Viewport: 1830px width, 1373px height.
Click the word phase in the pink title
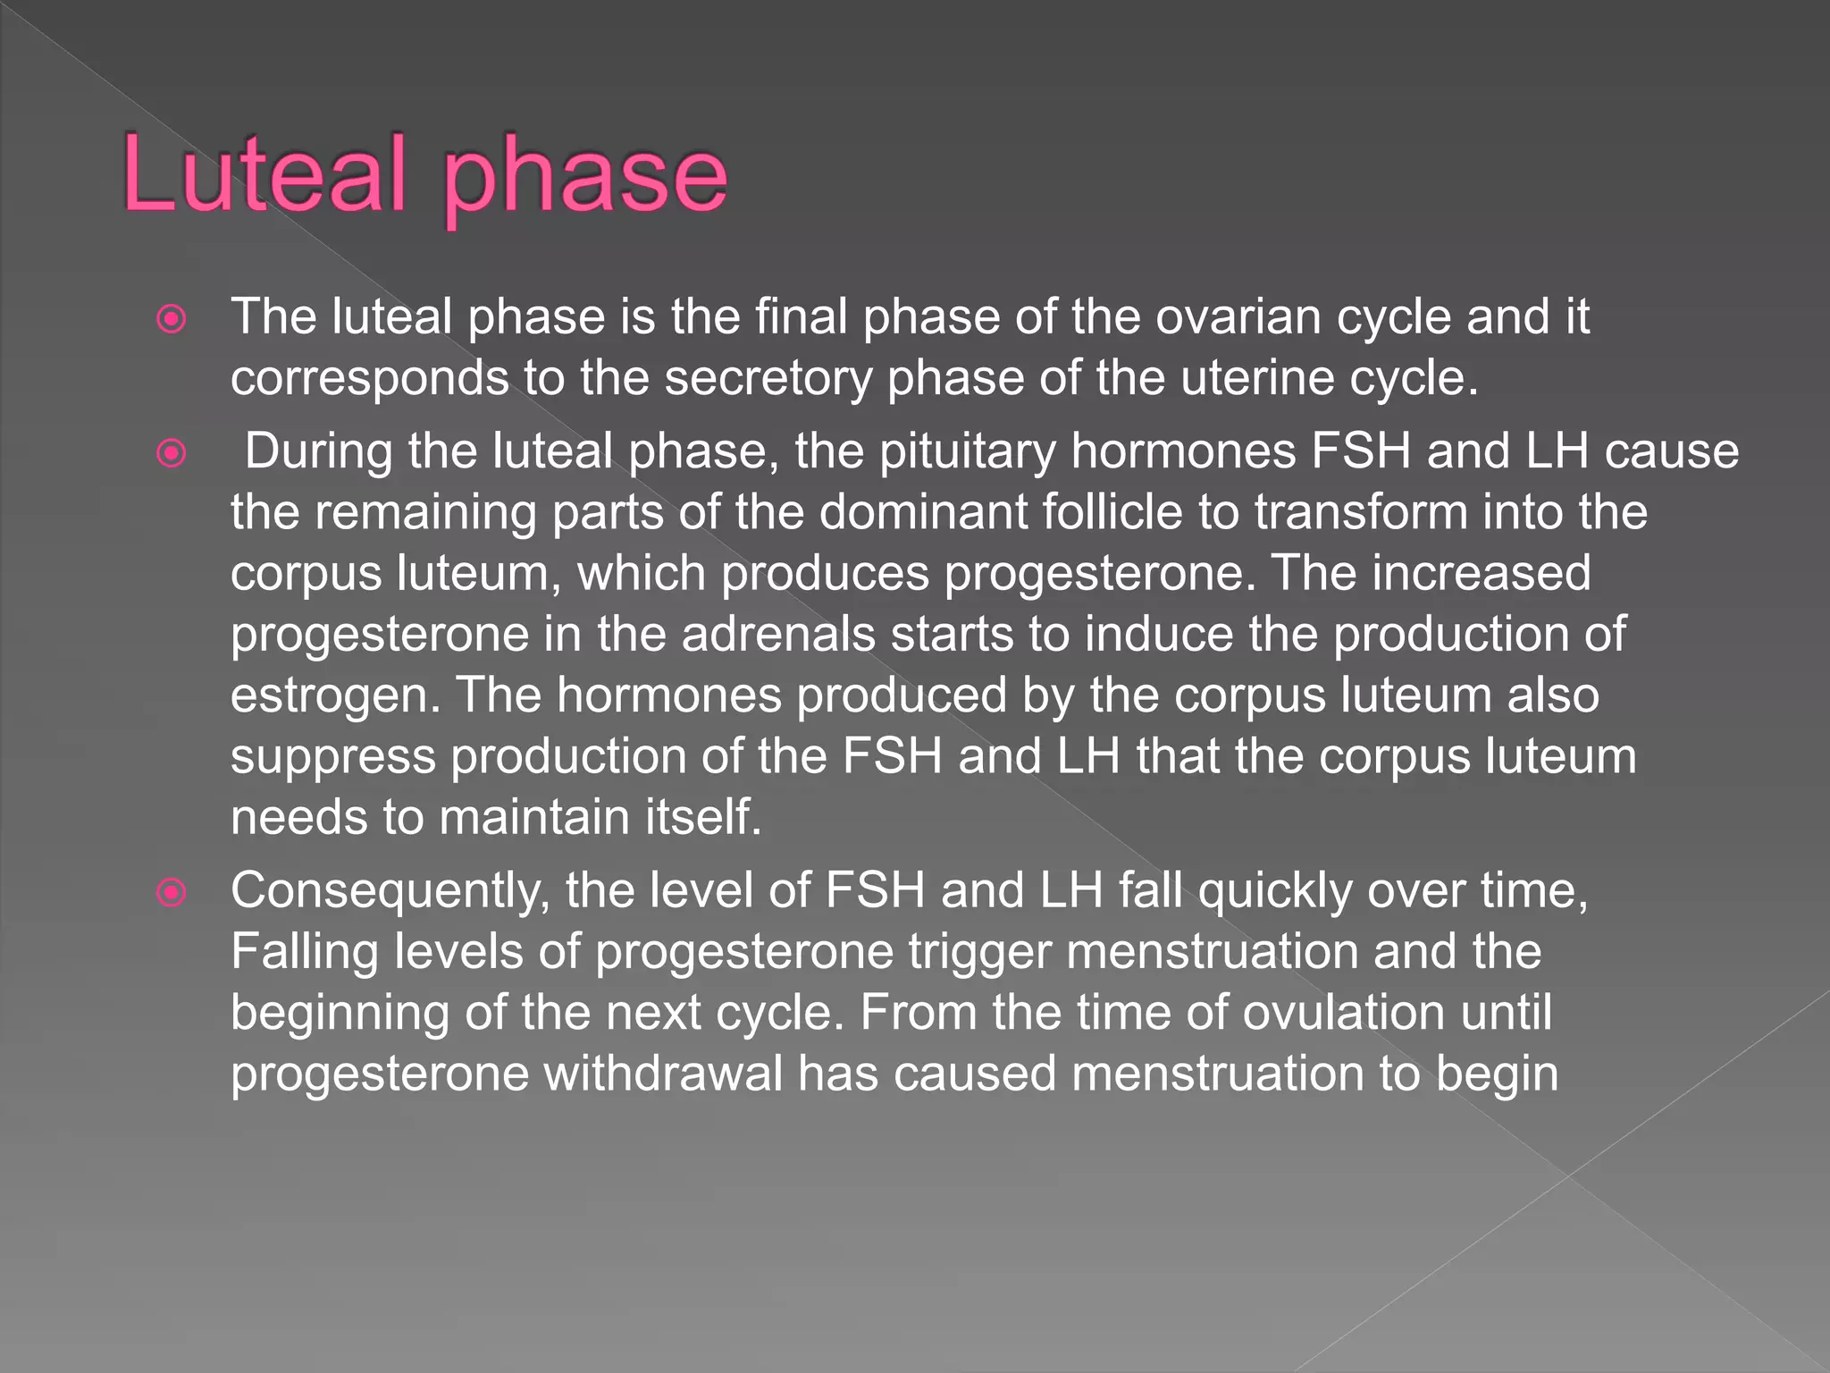(585, 179)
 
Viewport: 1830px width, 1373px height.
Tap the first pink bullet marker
(171, 319)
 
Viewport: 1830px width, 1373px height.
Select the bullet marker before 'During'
(171, 453)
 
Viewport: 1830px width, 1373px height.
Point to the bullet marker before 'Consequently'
(171, 892)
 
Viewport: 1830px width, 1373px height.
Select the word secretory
(768, 379)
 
